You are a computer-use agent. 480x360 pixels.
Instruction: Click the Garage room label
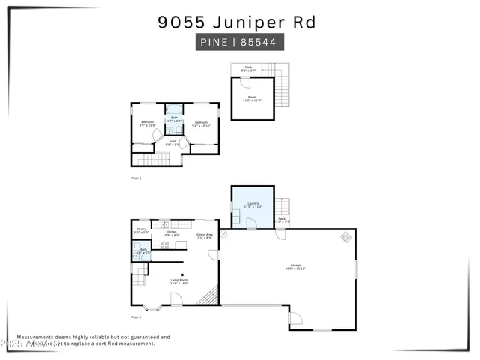point(296,266)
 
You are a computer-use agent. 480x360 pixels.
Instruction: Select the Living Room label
point(178,281)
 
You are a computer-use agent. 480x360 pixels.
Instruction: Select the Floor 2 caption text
point(136,178)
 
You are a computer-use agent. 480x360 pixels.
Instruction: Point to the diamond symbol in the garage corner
point(346,237)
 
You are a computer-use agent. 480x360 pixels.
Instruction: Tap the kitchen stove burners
point(164,244)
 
